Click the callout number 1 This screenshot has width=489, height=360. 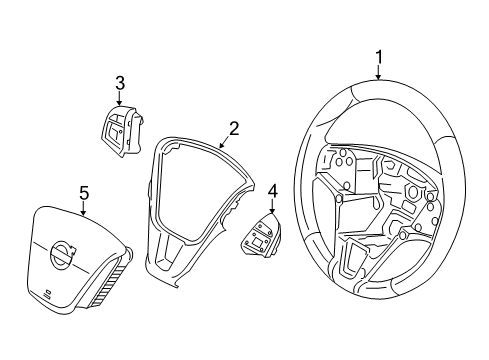click(x=378, y=58)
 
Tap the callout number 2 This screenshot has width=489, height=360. click(x=234, y=128)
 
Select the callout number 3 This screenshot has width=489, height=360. click(x=120, y=83)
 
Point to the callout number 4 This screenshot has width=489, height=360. click(x=272, y=192)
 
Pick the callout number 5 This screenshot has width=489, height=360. click(x=84, y=194)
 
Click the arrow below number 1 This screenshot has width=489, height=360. click(x=378, y=73)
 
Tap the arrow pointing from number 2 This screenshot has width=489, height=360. click(x=225, y=141)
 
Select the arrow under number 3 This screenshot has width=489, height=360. click(x=119, y=98)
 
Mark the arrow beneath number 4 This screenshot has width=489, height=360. click(x=272, y=207)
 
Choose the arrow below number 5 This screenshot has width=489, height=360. click(x=83, y=208)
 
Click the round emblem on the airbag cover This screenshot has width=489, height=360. click(x=61, y=254)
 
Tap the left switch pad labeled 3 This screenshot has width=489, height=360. click(x=122, y=131)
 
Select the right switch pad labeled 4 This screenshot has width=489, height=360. click(x=262, y=236)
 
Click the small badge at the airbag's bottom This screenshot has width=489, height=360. click(x=48, y=292)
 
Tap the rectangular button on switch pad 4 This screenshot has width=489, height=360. click(x=258, y=242)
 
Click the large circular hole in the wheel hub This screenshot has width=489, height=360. click(x=413, y=191)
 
